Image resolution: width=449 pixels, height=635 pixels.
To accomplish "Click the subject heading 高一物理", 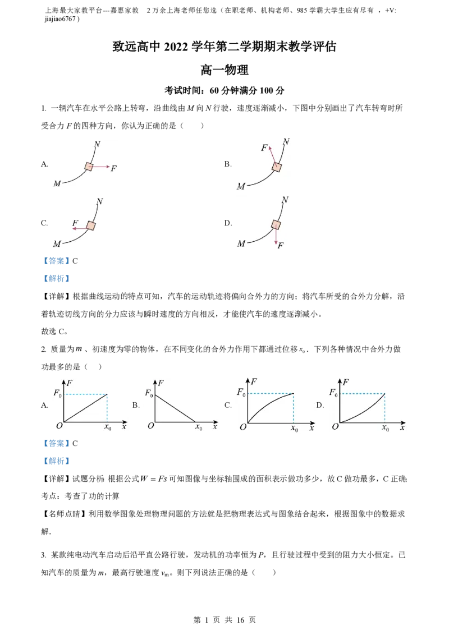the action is click(224, 70).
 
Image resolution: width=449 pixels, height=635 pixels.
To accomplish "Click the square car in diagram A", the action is click(89, 166).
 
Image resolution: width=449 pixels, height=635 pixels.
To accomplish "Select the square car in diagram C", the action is click(91, 226).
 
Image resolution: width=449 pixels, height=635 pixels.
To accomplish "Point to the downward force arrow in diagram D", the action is click(276, 235).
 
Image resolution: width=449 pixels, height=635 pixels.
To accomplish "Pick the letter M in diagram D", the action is click(241, 244).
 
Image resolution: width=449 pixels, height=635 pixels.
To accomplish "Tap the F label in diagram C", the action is click(75, 223).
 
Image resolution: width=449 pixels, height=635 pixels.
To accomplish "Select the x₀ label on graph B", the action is click(199, 427).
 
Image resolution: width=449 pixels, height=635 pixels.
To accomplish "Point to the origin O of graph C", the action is click(242, 427).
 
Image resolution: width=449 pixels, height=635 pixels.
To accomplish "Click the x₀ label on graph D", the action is click(386, 427).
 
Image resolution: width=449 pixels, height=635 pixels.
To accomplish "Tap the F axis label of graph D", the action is click(345, 381).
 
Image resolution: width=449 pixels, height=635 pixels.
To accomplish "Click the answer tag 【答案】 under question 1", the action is click(56, 261).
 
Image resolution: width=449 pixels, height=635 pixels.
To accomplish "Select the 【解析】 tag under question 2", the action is click(56, 461).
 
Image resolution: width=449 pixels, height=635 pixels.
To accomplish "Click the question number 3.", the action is click(43, 555).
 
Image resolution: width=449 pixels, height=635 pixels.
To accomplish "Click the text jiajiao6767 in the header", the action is click(61, 19).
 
